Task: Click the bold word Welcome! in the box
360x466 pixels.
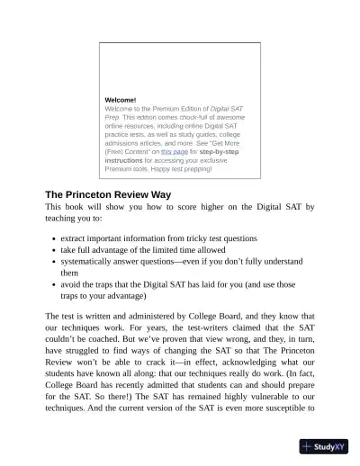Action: click(121, 99)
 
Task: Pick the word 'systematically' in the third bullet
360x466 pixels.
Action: click(87, 261)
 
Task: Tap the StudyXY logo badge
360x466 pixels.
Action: click(326, 446)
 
